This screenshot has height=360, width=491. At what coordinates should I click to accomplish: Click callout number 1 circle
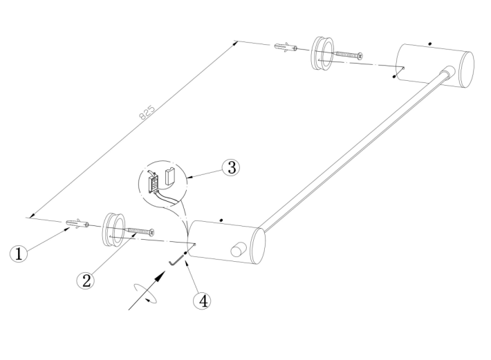point(19,254)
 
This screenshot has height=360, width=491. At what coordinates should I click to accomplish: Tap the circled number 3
point(231,167)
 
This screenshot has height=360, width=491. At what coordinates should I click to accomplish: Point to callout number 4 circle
point(202,301)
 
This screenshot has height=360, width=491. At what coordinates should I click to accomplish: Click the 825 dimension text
point(147,113)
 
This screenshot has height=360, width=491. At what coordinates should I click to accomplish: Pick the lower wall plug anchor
point(77,224)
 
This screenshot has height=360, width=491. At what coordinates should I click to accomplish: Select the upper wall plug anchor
point(286,47)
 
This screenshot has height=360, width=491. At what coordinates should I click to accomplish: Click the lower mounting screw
point(140,231)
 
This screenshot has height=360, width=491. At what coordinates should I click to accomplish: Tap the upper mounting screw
point(349,55)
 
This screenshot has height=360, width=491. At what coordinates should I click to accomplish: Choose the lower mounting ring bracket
point(113,230)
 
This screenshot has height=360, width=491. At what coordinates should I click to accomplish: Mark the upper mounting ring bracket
point(322,53)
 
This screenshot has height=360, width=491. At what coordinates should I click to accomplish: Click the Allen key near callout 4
point(176,260)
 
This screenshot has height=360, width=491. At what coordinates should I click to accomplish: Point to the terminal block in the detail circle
point(154,182)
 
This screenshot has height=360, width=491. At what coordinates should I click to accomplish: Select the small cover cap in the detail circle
point(170,176)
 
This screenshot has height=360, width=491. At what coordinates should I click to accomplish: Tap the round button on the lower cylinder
point(239,249)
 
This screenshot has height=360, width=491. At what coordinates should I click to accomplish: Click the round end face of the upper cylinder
point(467,69)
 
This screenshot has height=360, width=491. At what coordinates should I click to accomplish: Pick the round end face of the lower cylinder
point(258,247)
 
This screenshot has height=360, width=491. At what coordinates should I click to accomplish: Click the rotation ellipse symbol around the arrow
point(145,294)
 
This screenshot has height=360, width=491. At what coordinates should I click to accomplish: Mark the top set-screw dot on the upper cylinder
point(430,44)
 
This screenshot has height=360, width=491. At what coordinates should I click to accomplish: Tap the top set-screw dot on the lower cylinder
point(221,220)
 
